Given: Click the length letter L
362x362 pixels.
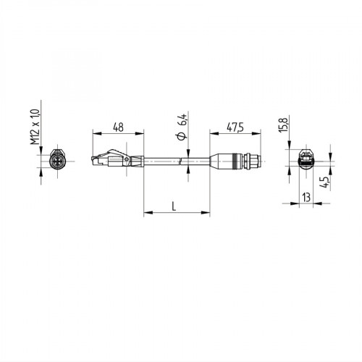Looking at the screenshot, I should click(174, 206).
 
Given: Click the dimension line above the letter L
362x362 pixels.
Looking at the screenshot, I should click(174, 214).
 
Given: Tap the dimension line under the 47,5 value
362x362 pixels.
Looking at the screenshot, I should click(234, 133).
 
